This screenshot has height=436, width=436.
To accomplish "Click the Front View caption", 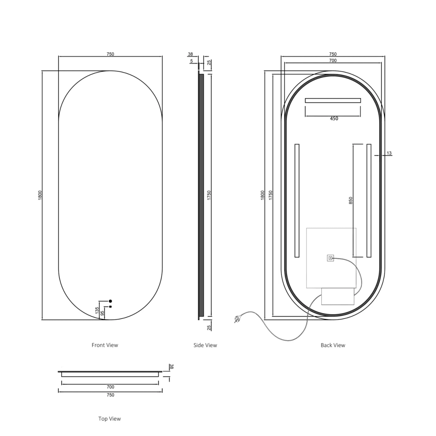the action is click(105, 345).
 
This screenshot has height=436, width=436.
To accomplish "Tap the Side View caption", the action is click(205, 345).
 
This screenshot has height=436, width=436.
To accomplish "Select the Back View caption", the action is click(333, 345).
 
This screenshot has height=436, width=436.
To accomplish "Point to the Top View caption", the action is click(109, 419).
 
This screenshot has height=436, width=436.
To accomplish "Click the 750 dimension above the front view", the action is click(110, 54).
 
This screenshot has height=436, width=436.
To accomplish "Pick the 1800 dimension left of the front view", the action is click(40, 195).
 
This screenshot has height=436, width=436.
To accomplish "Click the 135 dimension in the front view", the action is click(97, 310).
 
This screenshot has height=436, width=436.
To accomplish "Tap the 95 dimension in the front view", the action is click(102, 313).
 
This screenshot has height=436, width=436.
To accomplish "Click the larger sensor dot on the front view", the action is click(110, 301).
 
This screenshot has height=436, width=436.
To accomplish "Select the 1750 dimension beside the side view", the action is click(209, 195).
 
